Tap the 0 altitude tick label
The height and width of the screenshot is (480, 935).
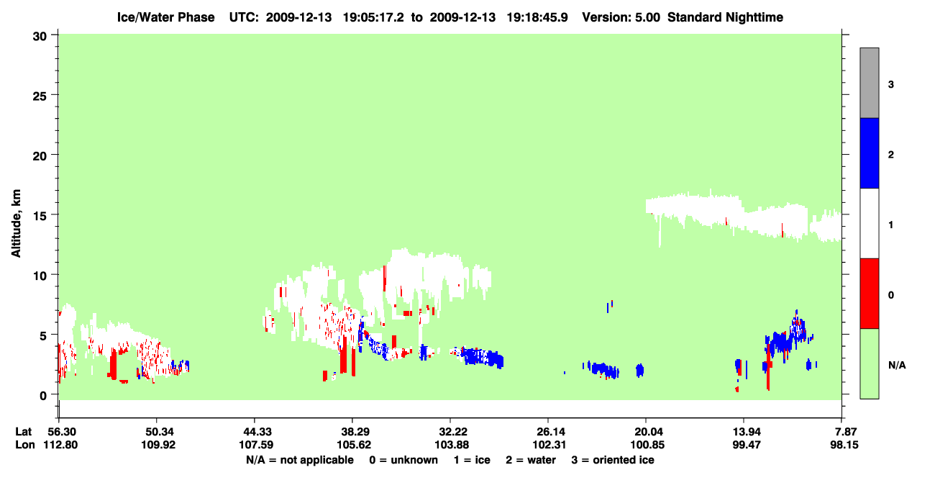[x=43, y=396]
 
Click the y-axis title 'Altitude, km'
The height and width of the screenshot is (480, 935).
[x=16, y=223]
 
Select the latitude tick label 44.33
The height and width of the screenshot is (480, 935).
[x=255, y=432]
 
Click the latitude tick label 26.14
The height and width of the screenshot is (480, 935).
[x=549, y=432]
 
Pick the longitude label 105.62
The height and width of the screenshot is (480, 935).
[x=354, y=445]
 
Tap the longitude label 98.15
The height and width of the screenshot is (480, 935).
[x=844, y=445]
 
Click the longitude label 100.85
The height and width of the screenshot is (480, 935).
[x=647, y=445]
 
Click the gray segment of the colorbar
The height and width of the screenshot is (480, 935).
[x=870, y=83]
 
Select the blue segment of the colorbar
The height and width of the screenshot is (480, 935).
[x=870, y=153]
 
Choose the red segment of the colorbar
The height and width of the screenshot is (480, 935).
[x=870, y=294]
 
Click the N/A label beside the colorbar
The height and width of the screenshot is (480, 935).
[x=897, y=366]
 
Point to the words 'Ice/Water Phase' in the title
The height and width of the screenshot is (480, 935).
[x=165, y=17]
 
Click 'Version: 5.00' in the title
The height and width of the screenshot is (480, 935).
[x=621, y=17]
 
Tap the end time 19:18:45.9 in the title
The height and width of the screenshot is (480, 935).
[x=537, y=17]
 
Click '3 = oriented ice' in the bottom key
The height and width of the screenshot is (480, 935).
[x=613, y=460]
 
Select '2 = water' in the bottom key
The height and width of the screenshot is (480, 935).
[x=531, y=460]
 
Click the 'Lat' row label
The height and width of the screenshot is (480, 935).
[x=23, y=432]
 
